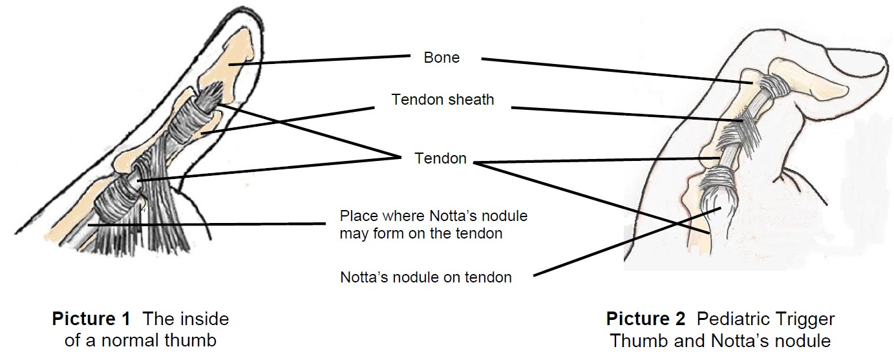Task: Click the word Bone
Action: pos(442,58)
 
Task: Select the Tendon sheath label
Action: pos(442,100)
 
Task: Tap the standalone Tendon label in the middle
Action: pos(440,159)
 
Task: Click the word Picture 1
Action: pos(91,319)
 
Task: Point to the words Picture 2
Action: pos(645,319)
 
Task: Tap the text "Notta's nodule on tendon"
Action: pos(425,277)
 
